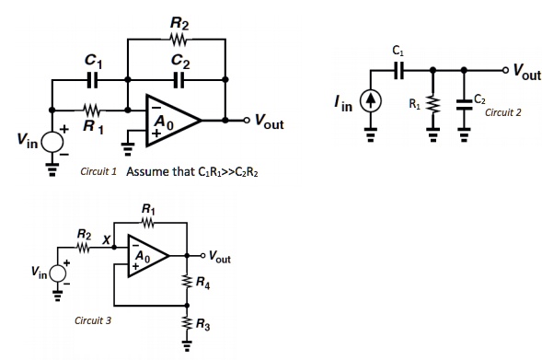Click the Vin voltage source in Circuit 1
tap(52, 140)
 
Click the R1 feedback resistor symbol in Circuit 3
tap(150, 222)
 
